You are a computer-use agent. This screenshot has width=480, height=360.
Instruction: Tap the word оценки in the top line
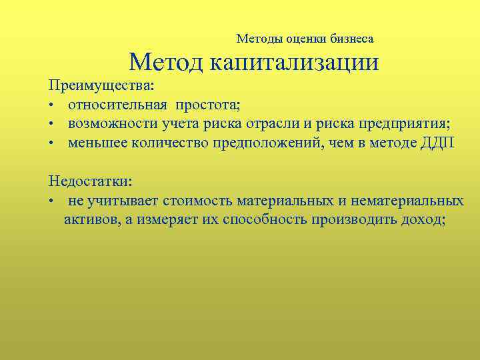(311, 39)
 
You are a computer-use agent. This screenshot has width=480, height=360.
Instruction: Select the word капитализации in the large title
(295, 63)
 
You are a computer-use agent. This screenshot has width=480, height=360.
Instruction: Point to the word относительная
(117, 105)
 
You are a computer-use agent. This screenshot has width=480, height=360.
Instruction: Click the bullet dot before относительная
(51, 105)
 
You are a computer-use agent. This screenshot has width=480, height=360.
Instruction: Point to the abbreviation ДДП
(437, 143)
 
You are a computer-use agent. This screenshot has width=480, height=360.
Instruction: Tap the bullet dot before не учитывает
(51, 201)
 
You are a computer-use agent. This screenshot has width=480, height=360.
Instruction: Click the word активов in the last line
(89, 220)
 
